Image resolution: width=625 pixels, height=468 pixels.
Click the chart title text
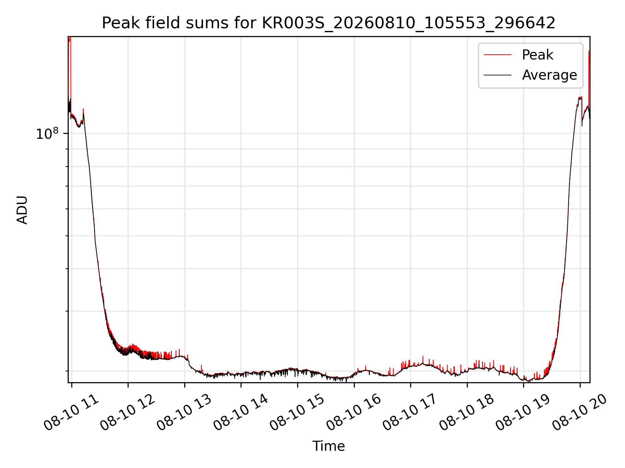328,23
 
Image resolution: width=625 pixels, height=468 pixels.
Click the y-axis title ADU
22,210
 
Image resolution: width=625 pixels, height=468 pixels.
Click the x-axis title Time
328,446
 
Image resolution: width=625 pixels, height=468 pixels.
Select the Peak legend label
537,55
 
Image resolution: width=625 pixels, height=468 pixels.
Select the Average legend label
549,75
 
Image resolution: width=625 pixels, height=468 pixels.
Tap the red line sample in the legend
497,55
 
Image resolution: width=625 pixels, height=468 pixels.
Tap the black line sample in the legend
497,75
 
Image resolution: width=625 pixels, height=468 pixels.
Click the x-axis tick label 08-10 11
72,413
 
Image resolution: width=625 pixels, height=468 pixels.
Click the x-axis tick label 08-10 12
128,413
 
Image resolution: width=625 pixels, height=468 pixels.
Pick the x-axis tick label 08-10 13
185,413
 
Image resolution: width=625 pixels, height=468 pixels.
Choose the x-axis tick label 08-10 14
241,413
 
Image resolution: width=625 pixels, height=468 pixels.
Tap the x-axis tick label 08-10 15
298,413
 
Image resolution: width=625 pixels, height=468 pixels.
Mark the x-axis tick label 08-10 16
354,413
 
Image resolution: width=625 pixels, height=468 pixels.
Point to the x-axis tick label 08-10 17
410,413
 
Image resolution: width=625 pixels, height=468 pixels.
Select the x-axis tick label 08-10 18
467,413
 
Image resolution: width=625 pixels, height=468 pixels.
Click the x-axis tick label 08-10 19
523,413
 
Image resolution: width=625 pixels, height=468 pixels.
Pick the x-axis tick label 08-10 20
580,413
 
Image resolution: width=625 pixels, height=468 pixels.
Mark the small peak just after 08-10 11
83,110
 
